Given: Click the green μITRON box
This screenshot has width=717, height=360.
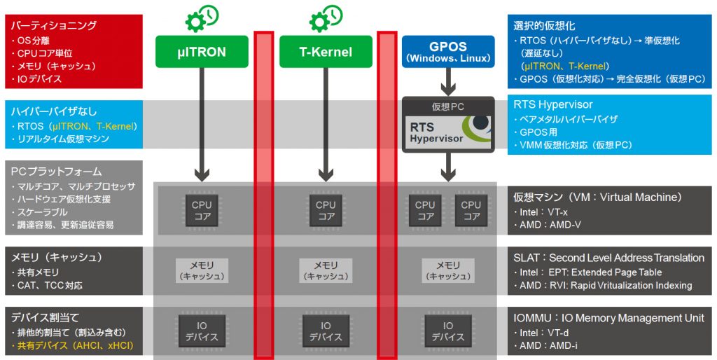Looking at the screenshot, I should point(202,51).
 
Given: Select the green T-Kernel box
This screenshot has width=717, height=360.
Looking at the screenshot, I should point(325,51).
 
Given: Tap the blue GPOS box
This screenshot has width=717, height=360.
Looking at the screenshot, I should point(447,51).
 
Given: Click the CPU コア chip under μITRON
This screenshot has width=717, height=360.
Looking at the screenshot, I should point(202,209).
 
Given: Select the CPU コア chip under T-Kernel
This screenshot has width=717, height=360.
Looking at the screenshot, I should point(325,209).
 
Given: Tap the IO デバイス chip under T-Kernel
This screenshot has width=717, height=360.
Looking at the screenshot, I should point(325,330).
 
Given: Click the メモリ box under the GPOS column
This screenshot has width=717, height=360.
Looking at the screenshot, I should point(447,270).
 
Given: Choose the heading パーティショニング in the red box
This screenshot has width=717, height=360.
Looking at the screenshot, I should point(53,25).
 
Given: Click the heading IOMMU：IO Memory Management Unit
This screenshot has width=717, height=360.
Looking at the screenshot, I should point(608,318).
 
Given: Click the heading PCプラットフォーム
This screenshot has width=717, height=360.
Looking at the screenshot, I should point(57,172).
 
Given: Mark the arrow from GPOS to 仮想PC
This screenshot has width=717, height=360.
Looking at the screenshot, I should point(447,83).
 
